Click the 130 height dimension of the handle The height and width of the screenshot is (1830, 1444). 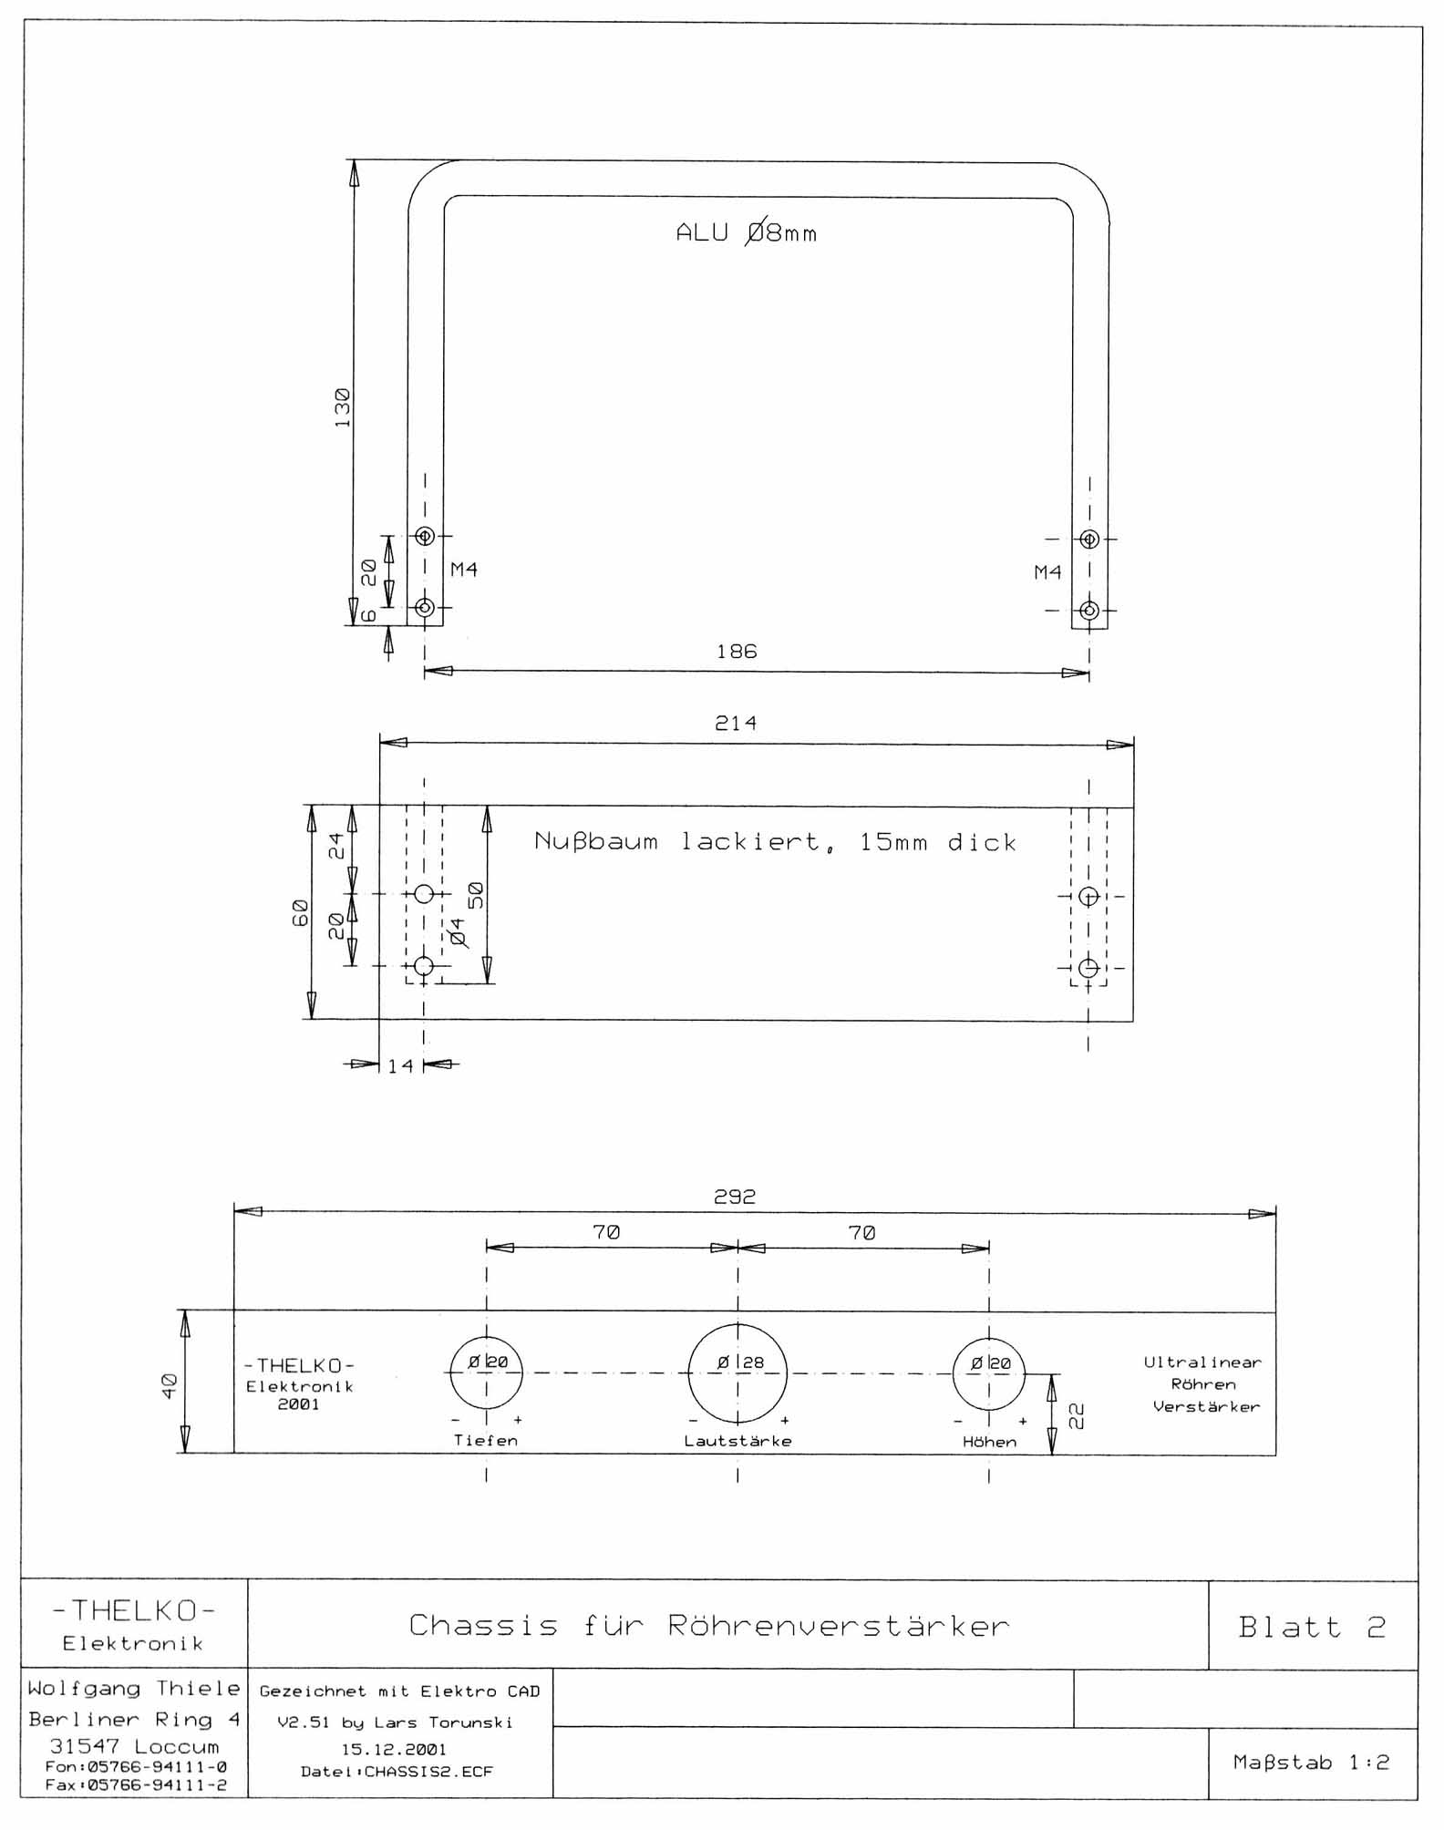tap(343, 407)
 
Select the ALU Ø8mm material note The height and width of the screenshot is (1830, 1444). tap(747, 233)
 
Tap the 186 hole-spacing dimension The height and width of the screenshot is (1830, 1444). tap(737, 652)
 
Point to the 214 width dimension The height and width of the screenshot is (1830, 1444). tap(736, 724)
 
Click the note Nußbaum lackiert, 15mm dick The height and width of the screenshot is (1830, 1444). tap(776, 842)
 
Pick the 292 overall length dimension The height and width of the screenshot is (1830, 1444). tap(735, 1197)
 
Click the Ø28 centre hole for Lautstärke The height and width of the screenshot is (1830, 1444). tap(737, 1373)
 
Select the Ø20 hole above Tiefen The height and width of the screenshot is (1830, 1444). tap(487, 1373)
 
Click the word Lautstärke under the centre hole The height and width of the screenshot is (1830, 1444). tap(738, 1442)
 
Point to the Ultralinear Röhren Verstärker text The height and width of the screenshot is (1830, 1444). tap(1203, 1384)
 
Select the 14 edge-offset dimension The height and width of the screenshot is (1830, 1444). tap(400, 1065)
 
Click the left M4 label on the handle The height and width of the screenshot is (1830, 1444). tap(464, 570)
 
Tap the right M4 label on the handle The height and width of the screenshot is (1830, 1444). tap(1047, 572)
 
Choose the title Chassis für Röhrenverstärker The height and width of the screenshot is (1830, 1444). tap(709, 1626)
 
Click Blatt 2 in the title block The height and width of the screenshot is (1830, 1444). tap(1313, 1627)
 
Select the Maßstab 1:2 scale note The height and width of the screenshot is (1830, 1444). tap(1312, 1763)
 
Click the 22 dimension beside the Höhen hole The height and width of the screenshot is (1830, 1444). tap(1077, 1415)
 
